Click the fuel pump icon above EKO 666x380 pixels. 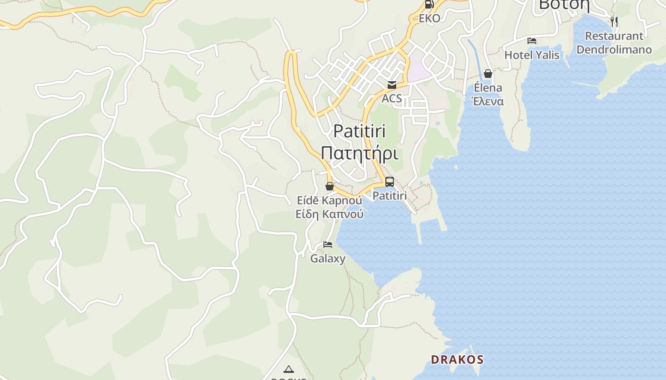tap(429, 5)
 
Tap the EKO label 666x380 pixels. tap(429, 19)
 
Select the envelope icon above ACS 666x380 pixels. tap(392, 85)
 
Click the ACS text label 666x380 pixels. tap(392, 99)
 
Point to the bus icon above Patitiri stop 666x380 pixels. tap(390, 182)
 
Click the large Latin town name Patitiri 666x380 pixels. tap(359, 131)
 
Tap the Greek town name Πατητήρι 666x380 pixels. tap(359, 153)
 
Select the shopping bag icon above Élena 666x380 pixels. tap(488, 74)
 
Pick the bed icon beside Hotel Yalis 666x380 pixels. tap(532, 41)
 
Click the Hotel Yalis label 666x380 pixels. tap(531, 55)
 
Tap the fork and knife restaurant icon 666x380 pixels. tap(614, 21)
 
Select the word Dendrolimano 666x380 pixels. tap(614, 49)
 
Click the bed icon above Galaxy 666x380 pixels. tap(328, 245)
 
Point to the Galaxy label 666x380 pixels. tap(328, 259)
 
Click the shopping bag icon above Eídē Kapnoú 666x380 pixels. tap(329, 186)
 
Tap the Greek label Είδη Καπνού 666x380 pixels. tap(329, 214)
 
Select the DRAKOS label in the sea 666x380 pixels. tap(457, 360)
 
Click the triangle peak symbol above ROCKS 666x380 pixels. tap(288, 369)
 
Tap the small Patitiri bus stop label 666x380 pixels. tap(390, 196)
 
